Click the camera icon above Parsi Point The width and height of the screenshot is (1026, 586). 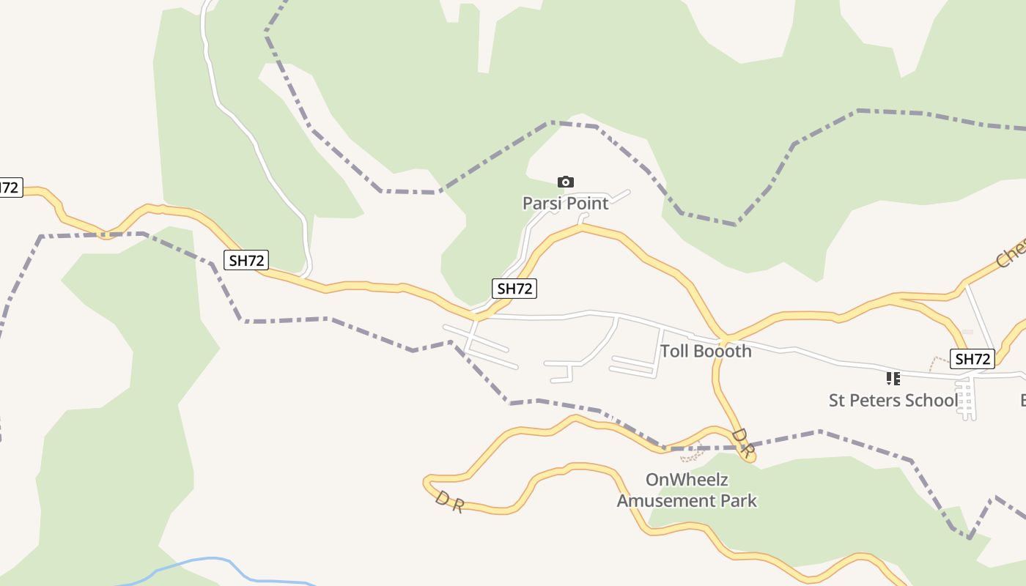pos(566,182)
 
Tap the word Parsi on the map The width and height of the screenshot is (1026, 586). pos(541,204)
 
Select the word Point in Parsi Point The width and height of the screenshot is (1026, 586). pos(586,204)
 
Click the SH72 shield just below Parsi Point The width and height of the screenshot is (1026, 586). pos(514,289)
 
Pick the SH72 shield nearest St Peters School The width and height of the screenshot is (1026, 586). pos(973,359)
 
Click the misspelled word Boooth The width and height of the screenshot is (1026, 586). pos(723,351)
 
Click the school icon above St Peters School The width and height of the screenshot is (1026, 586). pos(893,379)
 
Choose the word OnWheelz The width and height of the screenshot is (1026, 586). pos(687,480)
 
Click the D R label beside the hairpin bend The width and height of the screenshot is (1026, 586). pos(449,502)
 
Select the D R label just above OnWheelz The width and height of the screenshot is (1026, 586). pos(742,442)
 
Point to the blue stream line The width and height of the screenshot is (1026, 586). pos(213,560)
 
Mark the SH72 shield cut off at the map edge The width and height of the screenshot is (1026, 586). pos(10,188)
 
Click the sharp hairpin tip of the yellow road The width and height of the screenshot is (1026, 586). pos(427,483)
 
